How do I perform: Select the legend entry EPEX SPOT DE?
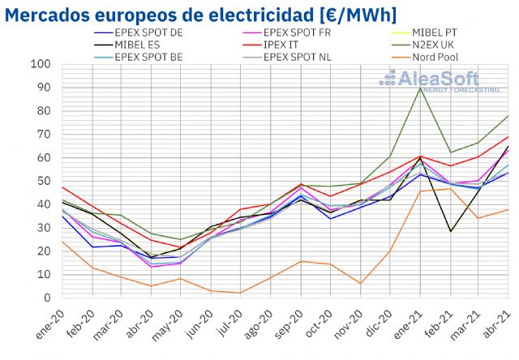point(146,33)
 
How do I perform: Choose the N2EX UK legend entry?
point(443,45)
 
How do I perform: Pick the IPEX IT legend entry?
point(290,45)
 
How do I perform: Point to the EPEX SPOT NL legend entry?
point(304,57)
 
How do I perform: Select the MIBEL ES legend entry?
point(134,45)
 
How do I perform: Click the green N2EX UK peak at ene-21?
point(419,88)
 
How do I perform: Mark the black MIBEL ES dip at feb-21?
point(449,231)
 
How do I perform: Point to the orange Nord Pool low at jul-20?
point(241,293)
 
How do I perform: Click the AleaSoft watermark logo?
point(439,80)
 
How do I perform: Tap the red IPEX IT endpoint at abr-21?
point(508,136)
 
